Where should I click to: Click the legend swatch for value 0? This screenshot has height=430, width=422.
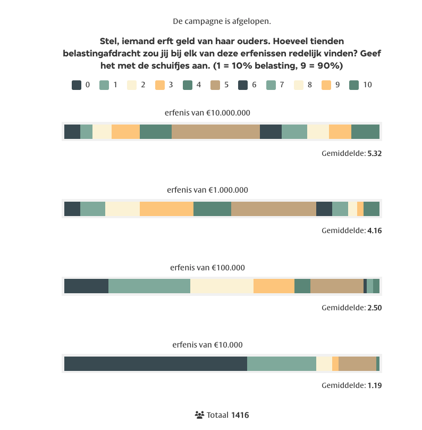click(x=77, y=85)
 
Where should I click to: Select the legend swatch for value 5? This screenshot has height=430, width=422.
click(x=215, y=85)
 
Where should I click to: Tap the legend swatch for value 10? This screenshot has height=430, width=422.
click(x=354, y=85)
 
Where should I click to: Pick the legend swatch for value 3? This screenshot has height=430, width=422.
click(x=160, y=85)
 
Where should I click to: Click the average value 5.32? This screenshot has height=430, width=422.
click(x=375, y=154)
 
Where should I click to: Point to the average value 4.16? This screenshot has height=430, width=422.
click(x=375, y=231)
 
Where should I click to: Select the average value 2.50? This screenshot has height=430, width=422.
click(x=375, y=308)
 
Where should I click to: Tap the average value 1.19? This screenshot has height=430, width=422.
click(x=375, y=385)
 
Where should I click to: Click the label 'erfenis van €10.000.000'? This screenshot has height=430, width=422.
click(x=207, y=113)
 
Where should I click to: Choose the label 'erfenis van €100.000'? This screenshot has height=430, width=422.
click(x=207, y=267)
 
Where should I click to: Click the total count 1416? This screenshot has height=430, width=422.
click(x=240, y=415)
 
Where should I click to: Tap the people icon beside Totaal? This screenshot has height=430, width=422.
click(x=200, y=415)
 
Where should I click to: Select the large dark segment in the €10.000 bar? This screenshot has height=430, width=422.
click(x=156, y=363)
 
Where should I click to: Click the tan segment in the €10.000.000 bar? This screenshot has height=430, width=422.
click(x=215, y=132)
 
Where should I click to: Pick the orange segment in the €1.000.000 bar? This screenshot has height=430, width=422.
click(x=166, y=209)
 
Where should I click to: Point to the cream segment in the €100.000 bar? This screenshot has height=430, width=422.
click(x=222, y=286)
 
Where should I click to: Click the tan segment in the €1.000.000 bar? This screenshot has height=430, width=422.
click(x=273, y=209)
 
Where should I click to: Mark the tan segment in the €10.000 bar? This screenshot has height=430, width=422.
click(x=357, y=363)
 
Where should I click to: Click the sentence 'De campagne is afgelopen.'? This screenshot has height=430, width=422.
click(x=222, y=21)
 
